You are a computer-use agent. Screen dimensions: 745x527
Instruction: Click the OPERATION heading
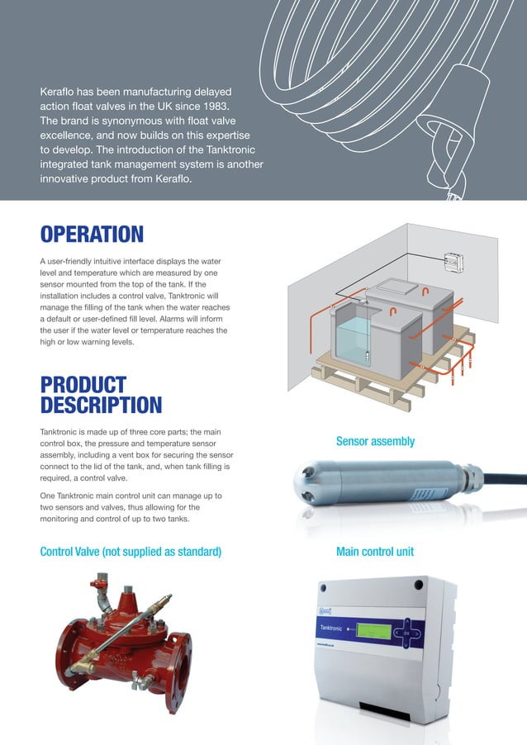point(92,234)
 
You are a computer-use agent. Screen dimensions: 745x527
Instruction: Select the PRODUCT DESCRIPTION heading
point(101,395)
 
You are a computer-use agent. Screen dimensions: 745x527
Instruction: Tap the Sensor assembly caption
point(375,441)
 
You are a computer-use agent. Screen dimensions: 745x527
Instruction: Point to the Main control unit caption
point(375,551)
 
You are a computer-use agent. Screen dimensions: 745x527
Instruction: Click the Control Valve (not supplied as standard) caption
point(131,551)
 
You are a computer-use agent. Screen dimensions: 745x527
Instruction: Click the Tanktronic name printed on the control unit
point(335,629)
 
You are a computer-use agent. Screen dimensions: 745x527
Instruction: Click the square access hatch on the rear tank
point(400,284)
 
